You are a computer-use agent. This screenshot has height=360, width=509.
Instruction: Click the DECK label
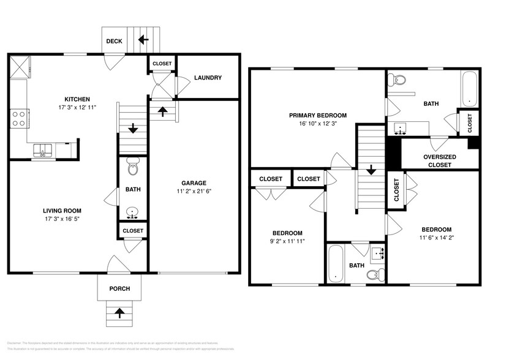[x=114, y=42]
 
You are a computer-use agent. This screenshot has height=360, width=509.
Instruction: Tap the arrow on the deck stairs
[x=143, y=40]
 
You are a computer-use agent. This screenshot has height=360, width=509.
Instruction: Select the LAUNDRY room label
[x=208, y=78]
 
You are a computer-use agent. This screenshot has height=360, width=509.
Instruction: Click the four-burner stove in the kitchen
[x=18, y=118]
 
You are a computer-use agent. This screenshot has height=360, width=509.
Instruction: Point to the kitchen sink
[x=42, y=150]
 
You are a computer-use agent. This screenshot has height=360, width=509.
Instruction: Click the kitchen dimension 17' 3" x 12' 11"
[x=78, y=107]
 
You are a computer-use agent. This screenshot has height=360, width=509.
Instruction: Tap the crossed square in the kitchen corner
[x=18, y=66]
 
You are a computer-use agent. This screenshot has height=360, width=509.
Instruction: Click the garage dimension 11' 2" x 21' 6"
[x=194, y=191]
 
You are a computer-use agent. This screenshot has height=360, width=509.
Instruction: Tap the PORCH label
[x=119, y=289]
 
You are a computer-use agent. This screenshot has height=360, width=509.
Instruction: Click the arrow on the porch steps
[x=119, y=313]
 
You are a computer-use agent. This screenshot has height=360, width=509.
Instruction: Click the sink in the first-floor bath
[x=133, y=213]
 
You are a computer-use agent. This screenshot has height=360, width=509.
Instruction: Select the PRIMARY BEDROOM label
[x=319, y=115]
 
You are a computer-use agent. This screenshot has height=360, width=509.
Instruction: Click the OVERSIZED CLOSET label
[x=440, y=160]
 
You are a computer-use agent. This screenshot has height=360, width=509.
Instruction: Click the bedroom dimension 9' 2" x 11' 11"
[x=287, y=241]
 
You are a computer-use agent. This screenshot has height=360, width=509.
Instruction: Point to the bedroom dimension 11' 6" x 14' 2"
[x=435, y=238]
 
